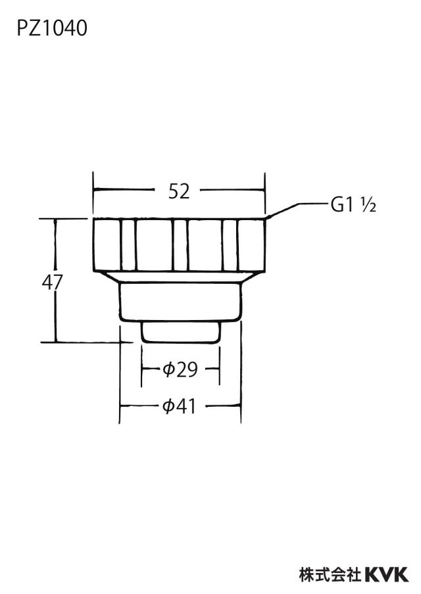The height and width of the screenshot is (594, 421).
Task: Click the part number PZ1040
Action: [x=52, y=28]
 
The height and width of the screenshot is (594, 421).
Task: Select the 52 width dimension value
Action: [x=179, y=191]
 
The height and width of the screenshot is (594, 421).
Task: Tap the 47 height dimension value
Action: [x=52, y=283]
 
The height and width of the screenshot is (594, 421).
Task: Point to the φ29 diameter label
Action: [x=180, y=369]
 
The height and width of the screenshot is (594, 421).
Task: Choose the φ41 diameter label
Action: [x=179, y=407]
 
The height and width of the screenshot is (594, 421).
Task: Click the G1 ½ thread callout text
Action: [x=353, y=205]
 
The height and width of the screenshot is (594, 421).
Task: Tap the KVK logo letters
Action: [x=387, y=575]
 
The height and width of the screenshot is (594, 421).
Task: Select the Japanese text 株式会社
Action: [x=330, y=575]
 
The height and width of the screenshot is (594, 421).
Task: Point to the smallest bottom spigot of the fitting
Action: [x=180, y=332]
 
